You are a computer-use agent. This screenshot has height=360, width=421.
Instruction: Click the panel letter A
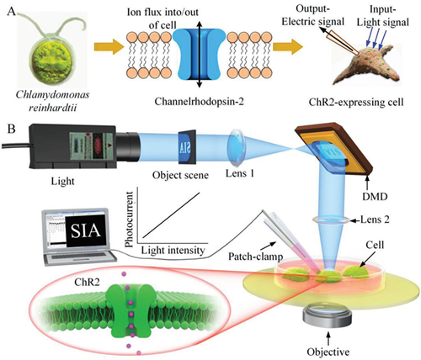[12, 13]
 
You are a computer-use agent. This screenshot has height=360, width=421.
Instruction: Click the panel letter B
[11, 130]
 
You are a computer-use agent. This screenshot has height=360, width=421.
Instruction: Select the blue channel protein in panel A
[199, 54]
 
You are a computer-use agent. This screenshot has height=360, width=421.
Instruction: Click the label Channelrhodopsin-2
[199, 101]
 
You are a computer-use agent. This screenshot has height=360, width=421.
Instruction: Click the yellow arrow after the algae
[108, 46]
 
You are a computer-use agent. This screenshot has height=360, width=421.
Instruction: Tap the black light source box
[73, 146]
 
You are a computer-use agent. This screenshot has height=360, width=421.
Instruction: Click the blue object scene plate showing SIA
[187, 146]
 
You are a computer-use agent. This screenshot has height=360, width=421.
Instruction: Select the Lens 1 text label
[240, 173]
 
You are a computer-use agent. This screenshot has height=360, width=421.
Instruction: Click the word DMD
[375, 197]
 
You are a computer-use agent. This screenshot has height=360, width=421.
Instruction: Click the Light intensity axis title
[173, 250]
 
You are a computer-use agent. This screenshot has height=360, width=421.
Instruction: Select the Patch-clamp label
[255, 256]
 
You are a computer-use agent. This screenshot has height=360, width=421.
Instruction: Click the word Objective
[328, 352]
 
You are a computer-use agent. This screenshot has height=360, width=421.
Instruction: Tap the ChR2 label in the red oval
[87, 282]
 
